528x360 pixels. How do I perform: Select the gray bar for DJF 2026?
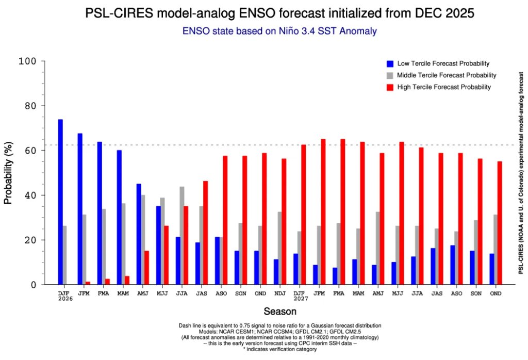point(65,255)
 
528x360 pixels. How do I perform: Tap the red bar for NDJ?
point(284,222)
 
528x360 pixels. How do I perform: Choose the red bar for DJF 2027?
point(304,215)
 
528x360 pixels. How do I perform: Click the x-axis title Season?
point(280,312)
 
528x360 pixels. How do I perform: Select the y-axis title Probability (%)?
point(8,173)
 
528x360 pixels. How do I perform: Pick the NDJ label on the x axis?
point(280,293)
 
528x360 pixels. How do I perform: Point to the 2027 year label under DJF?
point(300,299)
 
